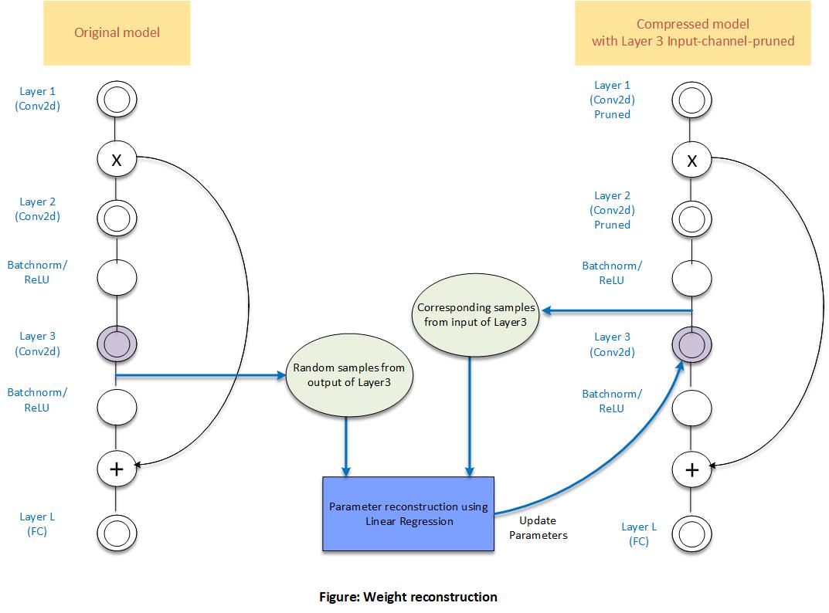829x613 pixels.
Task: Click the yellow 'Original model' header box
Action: pos(116,33)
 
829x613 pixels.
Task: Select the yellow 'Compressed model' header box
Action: pos(692,33)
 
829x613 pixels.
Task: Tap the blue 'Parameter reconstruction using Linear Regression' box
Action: pos(408,513)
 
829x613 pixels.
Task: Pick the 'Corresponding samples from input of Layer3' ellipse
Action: pos(476,314)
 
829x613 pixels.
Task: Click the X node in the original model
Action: pos(117,160)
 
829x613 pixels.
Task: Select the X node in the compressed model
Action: pos(692,160)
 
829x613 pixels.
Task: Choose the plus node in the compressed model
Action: pos(692,469)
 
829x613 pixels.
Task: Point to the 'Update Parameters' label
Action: pos(539,528)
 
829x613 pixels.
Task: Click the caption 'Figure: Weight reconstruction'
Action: pos(408,597)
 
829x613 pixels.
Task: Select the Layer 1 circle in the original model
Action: pos(117,99)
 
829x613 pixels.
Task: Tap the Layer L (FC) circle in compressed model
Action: pos(692,533)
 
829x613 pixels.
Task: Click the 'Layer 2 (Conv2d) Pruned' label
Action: pos(612,211)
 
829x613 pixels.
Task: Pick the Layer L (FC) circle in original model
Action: pos(117,533)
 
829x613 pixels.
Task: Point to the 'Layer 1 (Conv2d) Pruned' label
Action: pos(612,100)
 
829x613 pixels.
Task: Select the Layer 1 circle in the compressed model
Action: pos(692,99)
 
